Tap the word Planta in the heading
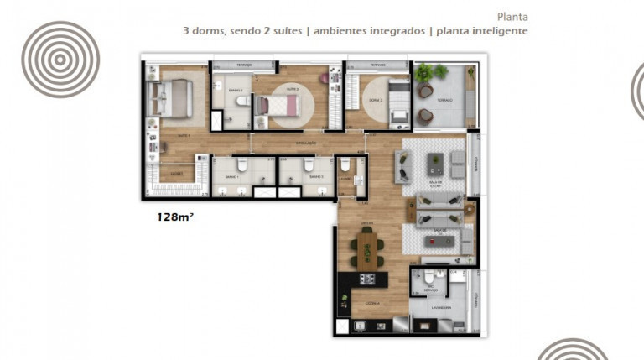[512, 16]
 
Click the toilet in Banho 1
[241, 164]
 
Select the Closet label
[176, 174]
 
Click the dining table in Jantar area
[367, 249]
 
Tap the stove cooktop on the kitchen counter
[366, 279]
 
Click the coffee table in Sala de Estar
[437, 161]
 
